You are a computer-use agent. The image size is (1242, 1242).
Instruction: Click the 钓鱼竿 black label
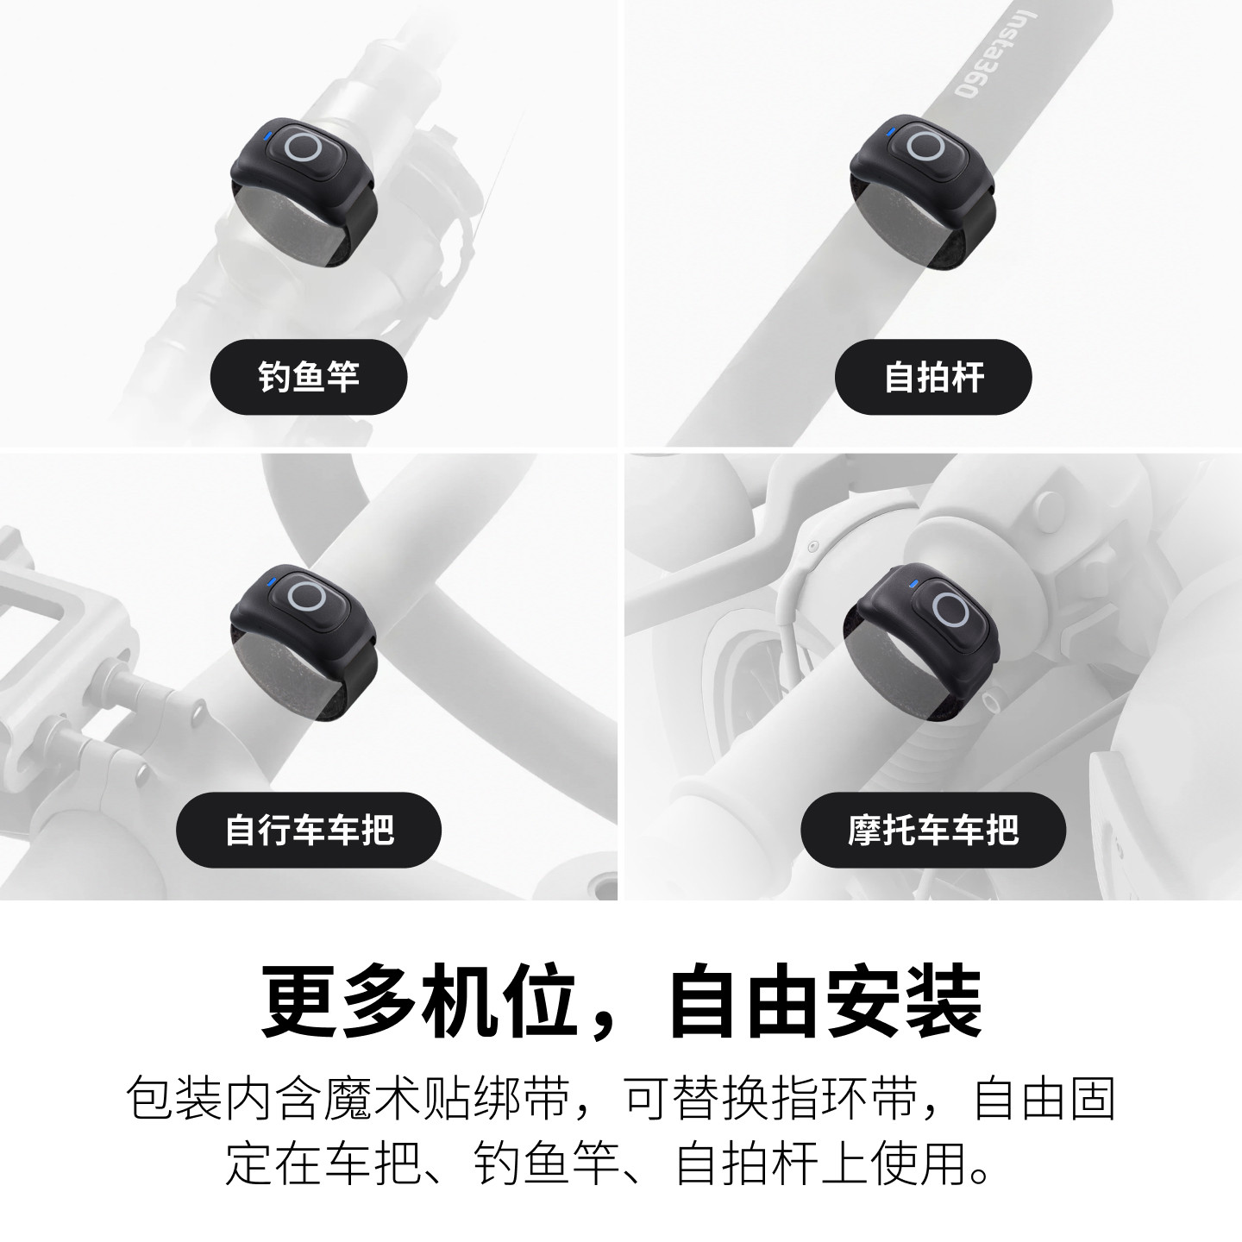(309, 377)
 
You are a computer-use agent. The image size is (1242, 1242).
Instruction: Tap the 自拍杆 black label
(933, 377)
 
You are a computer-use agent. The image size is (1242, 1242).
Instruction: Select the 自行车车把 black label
(309, 830)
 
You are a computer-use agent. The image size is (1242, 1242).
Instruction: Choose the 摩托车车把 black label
(933, 830)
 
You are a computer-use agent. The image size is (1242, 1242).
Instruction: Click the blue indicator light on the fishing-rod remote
(267, 135)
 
